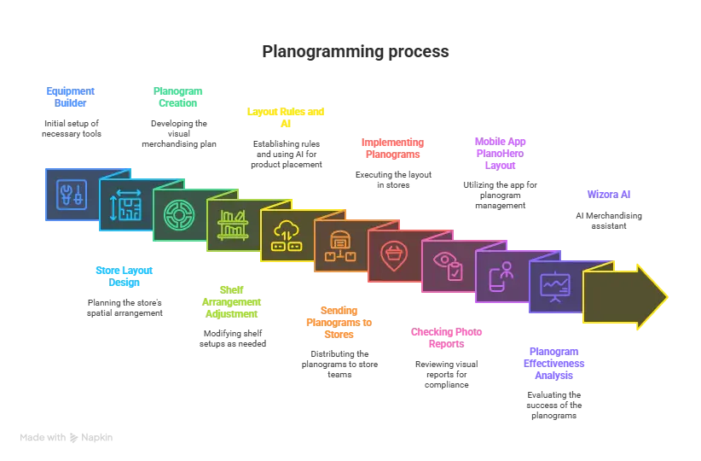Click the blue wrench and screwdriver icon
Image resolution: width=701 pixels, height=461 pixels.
(x=72, y=194)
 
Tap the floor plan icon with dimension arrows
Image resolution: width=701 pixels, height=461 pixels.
(x=125, y=205)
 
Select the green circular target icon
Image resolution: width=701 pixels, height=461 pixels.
(x=179, y=215)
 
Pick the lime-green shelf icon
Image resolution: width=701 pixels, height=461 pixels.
(x=233, y=225)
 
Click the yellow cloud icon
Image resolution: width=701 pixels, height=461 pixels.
(x=287, y=235)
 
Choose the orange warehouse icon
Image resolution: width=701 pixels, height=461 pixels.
(x=340, y=246)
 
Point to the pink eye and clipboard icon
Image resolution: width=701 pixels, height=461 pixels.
(x=448, y=266)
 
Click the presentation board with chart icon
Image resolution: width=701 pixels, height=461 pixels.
(x=555, y=286)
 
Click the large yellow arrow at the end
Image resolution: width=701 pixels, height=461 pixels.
(x=623, y=296)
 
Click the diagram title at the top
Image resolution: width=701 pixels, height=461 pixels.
(x=354, y=52)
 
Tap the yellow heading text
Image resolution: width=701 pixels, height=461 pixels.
(x=286, y=117)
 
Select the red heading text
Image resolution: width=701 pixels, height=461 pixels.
(x=392, y=149)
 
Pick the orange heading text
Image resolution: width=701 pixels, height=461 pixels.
(x=339, y=321)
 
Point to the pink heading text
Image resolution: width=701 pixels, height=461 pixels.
(x=446, y=338)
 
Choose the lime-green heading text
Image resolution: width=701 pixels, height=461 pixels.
(x=232, y=301)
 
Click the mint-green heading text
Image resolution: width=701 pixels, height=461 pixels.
(x=177, y=96)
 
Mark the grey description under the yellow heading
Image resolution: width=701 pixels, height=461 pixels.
(x=286, y=154)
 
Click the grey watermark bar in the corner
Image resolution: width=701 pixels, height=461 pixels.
(x=67, y=436)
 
